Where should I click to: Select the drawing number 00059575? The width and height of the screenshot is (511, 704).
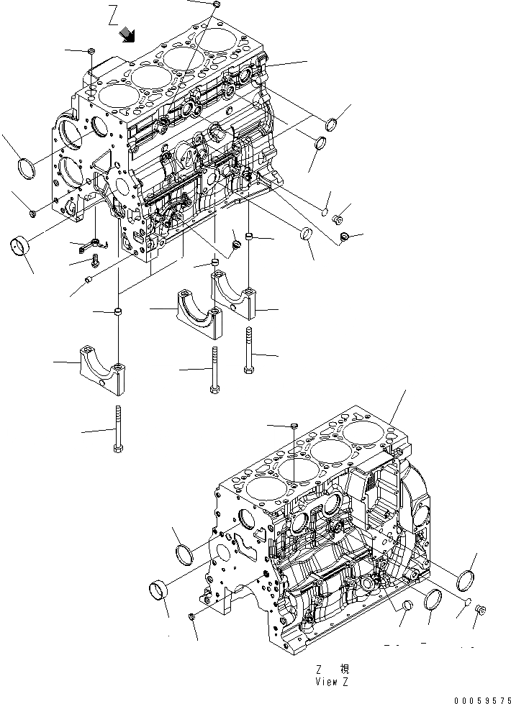pyautogui.click(x=481, y=698)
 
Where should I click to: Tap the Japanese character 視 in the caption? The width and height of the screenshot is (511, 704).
pyautogui.click(x=343, y=668)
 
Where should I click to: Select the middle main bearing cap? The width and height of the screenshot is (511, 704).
pyautogui.click(x=196, y=311)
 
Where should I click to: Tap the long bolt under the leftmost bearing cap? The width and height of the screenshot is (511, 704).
pyautogui.click(x=117, y=429)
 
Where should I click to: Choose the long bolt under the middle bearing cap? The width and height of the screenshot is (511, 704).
pyautogui.click(x=214, y=369)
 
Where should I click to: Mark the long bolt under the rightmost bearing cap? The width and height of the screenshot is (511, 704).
pyautogui.click(x=249, y=350)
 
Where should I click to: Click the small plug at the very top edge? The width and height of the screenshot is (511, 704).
pyautogui.click(x=217, y=6)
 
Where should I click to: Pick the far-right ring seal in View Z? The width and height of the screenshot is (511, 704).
pyautogui.click(x=467, y=579)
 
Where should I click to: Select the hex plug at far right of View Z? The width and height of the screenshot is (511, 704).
pyautogui.click(x=481, y=611)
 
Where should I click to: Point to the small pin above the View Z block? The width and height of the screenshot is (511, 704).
pyautogui.click(x=295, y=427)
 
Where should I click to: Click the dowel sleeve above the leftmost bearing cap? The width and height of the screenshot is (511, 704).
pyautogui.click(x=117, y=312)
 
